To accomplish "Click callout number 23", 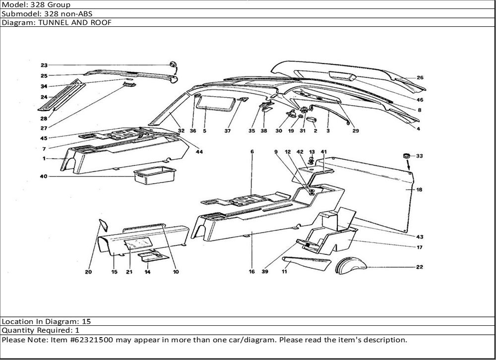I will (44, 65).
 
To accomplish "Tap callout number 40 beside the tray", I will (44, 176).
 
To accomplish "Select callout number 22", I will (420, 267).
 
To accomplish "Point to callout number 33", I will (420, 156).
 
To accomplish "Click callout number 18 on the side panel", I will (420, 190).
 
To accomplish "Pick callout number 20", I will (89, 272).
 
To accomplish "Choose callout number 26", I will (420, 78).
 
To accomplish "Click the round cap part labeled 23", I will (173, 65).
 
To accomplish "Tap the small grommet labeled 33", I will (407, 157).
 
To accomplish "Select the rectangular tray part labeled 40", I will (155, 175).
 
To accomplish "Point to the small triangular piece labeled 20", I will (104, 225).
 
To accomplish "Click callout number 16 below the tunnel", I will (251, 272).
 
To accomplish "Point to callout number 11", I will (285, 272).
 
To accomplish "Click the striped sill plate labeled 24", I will (62, 96).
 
